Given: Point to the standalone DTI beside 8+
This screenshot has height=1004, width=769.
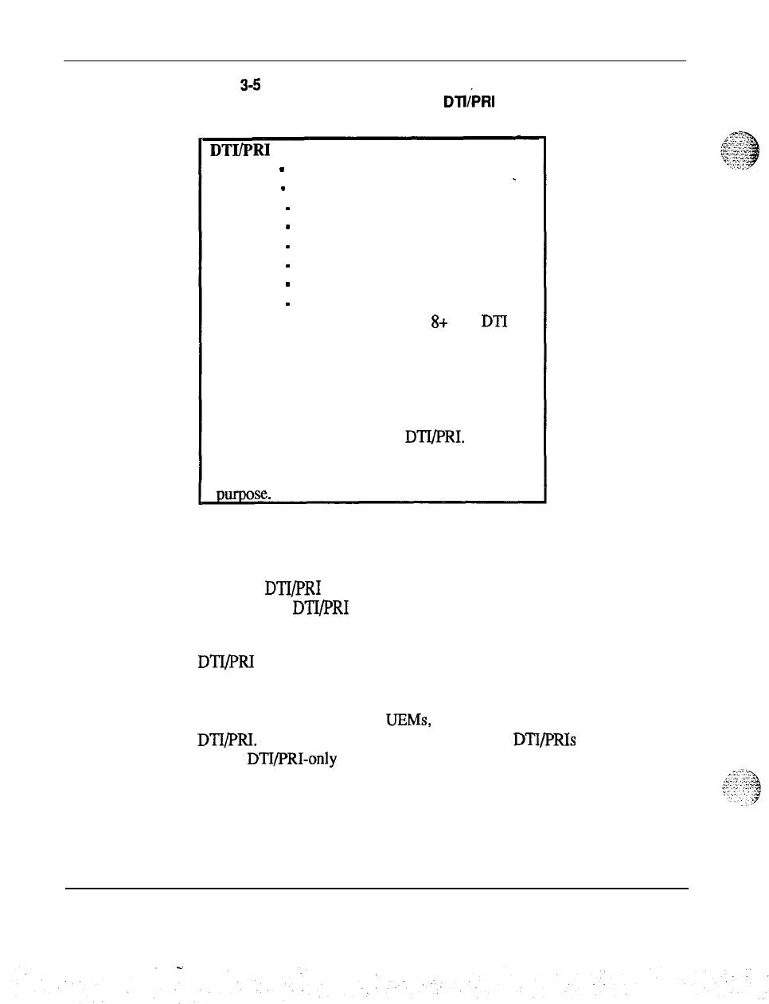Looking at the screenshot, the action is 493,322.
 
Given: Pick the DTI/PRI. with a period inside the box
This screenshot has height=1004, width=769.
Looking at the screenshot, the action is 435,437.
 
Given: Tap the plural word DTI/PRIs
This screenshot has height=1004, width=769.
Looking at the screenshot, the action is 545,740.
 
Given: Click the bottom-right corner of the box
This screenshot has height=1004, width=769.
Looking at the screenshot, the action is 545,502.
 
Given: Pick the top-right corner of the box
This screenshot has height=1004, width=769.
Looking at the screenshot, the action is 545,138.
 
